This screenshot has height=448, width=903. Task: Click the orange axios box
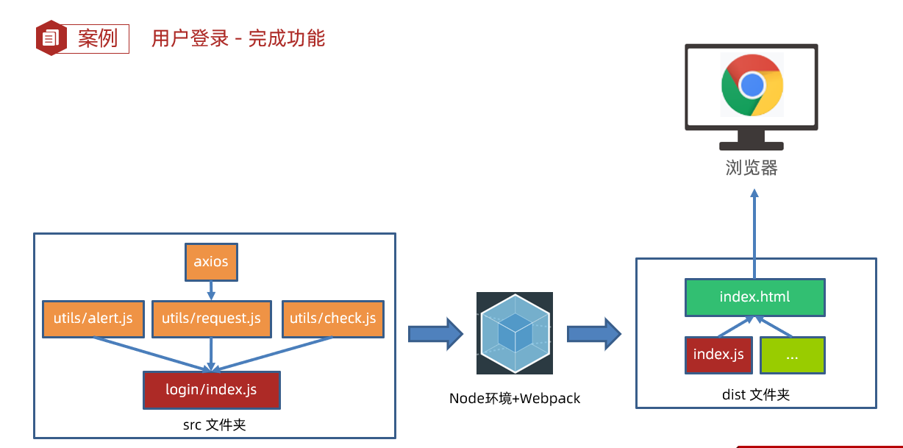pos(211,262)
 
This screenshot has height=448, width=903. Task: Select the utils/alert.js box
pos(93,319)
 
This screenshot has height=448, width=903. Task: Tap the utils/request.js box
pos(211,319)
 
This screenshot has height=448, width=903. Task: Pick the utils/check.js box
pos(332,319)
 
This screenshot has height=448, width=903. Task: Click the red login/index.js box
pos(211,389)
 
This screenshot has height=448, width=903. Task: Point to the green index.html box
pos(754,297)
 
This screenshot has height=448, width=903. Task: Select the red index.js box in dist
pos(718,355)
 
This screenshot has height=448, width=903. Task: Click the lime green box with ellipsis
pos(792,355)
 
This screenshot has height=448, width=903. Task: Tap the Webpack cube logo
pos(514,333)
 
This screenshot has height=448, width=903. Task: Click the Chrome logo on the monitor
pos(752,85)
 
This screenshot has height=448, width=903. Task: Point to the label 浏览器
pos(752,168)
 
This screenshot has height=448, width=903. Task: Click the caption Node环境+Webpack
pos(515,399)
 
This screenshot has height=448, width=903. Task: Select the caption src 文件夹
pos(214,424)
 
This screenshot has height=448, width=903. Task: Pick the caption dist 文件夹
pos(756,395)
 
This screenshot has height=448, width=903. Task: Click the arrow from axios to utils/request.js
pos(211,290)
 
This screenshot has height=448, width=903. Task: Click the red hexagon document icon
pos(51,38)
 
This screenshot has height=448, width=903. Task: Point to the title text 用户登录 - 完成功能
pos(238,38)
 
